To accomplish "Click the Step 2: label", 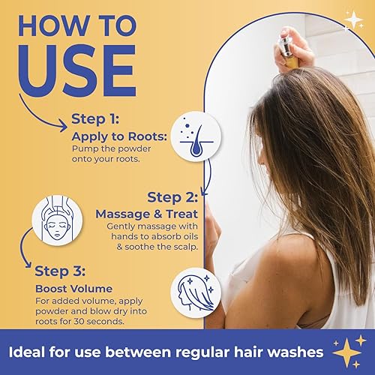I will (x=172, y=197).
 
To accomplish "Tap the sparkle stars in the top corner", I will (x=352, y=20).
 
